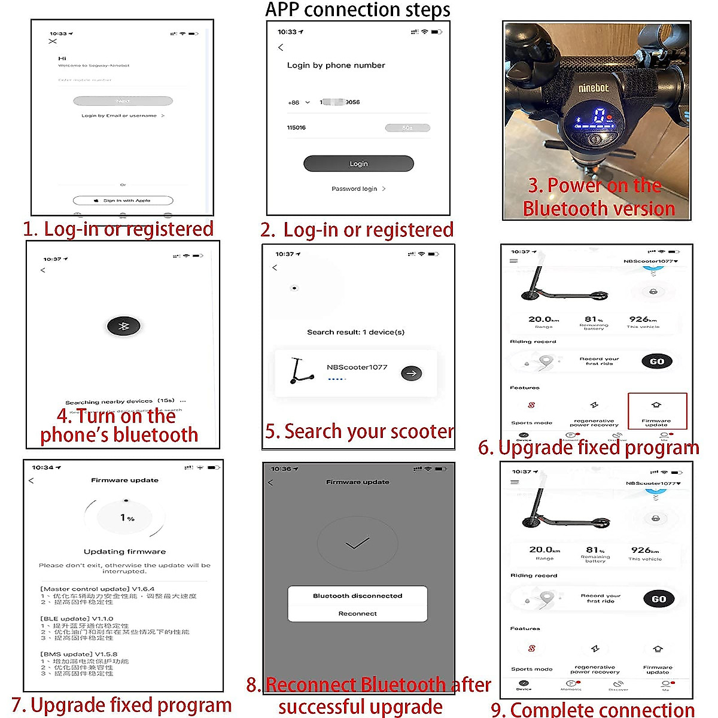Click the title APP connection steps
(358, 10)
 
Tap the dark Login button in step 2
(358, 163)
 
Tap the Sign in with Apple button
(123, 200)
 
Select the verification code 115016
(296, 127)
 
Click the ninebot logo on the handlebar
(593, 88)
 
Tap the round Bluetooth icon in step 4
(123, 326)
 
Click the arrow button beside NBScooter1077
(411, 373)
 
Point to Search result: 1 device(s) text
(355, 332)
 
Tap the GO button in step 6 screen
(657, 361)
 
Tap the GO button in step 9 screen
(659, 599)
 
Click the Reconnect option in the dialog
(357, 613)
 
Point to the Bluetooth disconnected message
(357, 596)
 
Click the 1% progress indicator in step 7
(126, 518)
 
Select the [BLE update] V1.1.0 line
(77, 619)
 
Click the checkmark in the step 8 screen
(357, 543)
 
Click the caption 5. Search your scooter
(359, 431)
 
